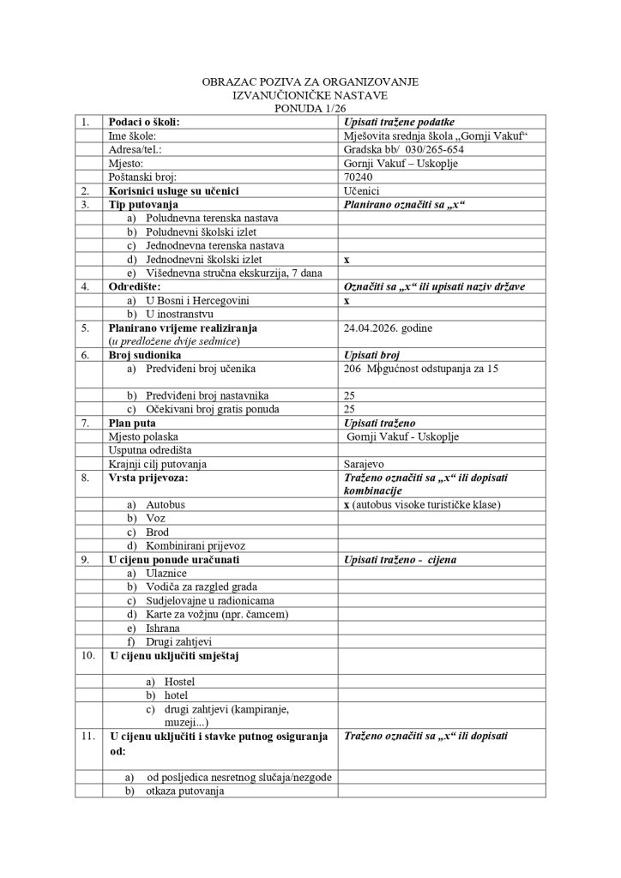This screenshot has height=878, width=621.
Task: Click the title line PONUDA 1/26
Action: click(x=310, y=109)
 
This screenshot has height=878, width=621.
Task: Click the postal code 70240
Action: click(x=357, y=177)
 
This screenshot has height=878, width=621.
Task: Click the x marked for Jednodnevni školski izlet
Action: click(x=347, y=259)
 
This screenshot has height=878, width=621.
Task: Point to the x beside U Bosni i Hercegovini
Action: click(x=347, y=301)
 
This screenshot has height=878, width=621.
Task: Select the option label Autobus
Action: click(x=165, y=505)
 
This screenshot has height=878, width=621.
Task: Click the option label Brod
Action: click(x=158, y=532)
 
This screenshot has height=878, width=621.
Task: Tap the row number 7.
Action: click(x=85, y=423)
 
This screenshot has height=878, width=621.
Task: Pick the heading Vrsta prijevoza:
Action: click(x=148, y=478)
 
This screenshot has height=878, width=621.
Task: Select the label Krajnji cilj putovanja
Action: click(x=159, y=464)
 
